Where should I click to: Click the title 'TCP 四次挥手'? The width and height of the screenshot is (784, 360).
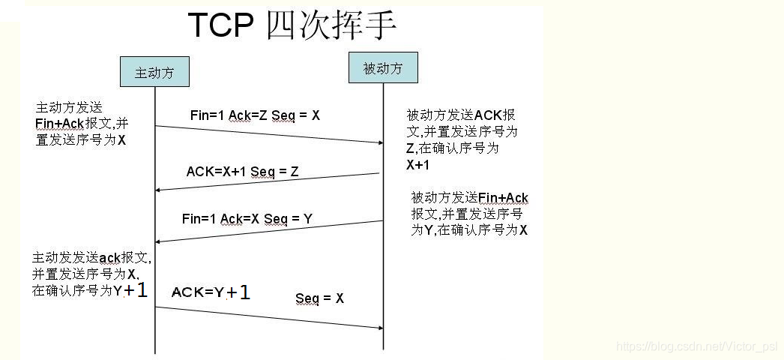tap(292, 25)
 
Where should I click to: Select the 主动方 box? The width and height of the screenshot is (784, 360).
tap(154, 73)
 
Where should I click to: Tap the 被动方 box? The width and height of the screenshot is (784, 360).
tap(383, 68)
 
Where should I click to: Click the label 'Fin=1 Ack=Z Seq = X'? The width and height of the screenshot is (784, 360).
tap(255, 115)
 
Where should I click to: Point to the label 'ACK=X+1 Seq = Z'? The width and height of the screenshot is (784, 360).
tap(242, 172)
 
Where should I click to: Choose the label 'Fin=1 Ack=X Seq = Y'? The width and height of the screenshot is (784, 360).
tap(247, 219)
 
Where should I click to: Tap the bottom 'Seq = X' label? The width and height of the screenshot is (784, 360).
tap(319, 298)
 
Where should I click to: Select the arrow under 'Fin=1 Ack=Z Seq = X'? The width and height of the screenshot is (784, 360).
tap(269, 134)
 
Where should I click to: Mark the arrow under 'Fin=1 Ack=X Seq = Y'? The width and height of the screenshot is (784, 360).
tap(269, 231)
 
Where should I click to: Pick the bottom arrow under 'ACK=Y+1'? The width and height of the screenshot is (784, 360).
tap(269, 317)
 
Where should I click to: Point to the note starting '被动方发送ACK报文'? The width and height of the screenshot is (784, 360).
tap(462, 139)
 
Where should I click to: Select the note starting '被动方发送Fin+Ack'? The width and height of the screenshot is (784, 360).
tap(469, 214)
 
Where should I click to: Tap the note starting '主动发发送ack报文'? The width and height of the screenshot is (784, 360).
tap(91, 274)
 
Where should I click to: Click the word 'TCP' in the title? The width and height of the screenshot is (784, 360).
tap(219, 25)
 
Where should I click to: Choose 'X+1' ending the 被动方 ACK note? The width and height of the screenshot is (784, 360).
tap(418, 165)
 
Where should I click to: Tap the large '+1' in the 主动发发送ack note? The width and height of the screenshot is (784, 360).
tap(136, 289)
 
